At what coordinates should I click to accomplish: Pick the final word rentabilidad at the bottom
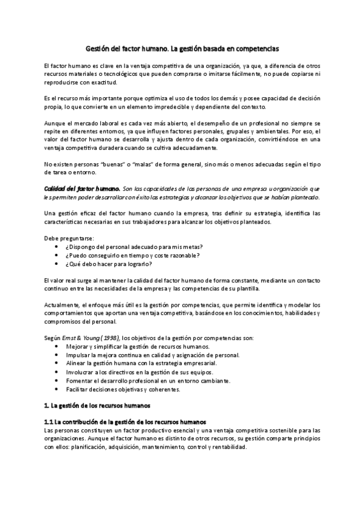[227, 446]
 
